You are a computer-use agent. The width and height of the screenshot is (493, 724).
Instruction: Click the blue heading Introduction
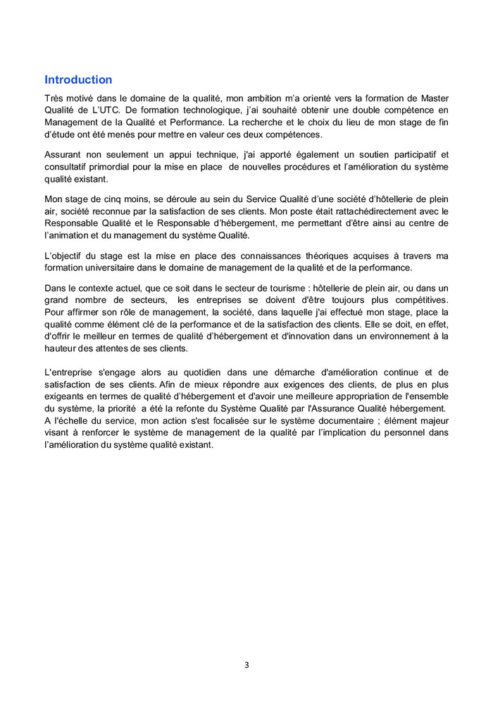point(78,80)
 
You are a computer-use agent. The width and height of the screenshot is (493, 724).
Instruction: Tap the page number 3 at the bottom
point(246,664)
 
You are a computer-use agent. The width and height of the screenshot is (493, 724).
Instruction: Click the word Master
point(432,98)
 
